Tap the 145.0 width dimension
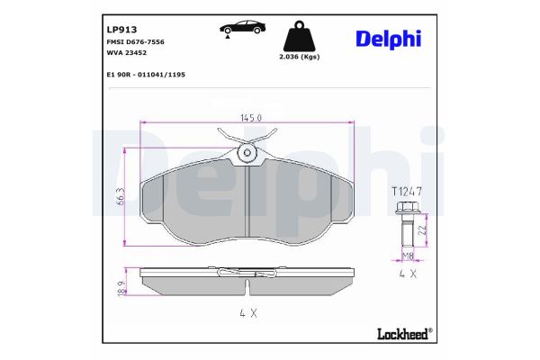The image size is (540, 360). [x=251, y=118]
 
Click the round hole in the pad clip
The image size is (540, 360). [x=247, y=155]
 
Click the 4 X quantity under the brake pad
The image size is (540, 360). [x=247, y=312]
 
